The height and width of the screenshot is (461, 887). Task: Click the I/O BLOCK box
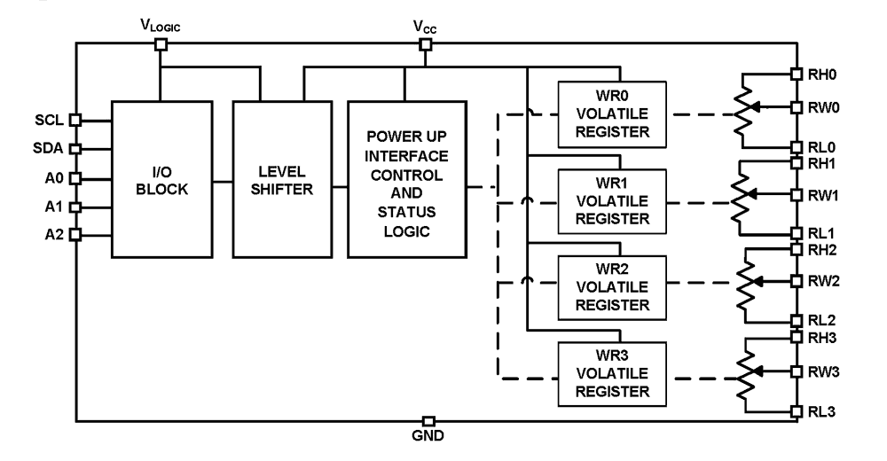[161, 180]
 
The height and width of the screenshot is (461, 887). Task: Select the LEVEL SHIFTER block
[282, 180]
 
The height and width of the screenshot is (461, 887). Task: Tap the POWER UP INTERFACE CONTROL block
[407, 180]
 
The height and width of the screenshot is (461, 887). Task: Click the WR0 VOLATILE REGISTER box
[612, 115]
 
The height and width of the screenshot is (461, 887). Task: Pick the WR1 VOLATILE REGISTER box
[612, 201]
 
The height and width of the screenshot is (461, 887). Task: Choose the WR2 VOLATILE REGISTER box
[612, 287]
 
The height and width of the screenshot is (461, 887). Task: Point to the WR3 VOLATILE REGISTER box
[612, 374]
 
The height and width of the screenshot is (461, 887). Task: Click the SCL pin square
[75, 120]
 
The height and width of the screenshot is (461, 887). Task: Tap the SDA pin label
[48, 148]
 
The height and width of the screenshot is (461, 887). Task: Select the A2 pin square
[75, 234]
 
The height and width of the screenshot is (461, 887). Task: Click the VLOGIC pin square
[161, 43]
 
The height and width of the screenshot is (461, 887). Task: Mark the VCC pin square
[426, 43]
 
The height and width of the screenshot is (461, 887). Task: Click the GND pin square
[428, 421]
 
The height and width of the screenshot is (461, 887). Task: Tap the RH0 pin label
[822, 74]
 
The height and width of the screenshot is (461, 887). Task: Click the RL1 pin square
[797, 233]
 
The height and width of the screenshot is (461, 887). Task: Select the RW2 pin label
[824, 281]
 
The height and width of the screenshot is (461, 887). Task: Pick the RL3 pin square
[797, 411]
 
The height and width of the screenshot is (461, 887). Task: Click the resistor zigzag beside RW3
[746, 373]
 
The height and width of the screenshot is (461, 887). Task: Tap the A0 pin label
[54, 178]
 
